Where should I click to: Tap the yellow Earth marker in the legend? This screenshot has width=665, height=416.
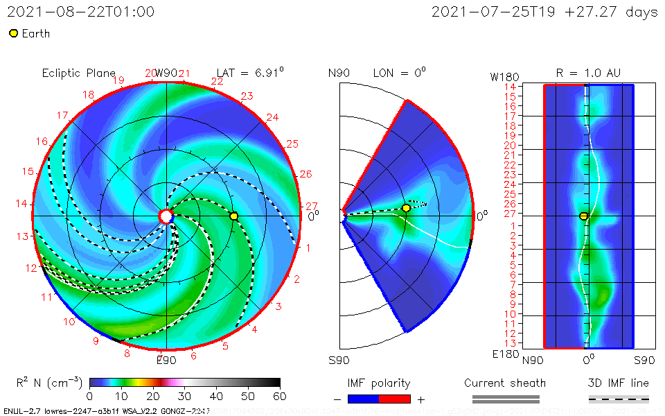point(13,33)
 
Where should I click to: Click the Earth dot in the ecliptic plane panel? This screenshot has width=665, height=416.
point(234,216)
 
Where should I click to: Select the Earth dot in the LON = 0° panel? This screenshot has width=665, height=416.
point(406,208)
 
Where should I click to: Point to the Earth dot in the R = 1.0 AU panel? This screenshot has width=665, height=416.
point(583,216)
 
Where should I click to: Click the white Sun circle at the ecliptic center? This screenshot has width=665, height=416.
point(166,216)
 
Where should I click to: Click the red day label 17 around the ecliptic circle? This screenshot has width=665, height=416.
point(63,115)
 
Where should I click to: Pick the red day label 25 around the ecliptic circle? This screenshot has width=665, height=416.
point(292,144)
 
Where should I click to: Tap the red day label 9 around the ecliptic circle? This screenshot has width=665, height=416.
point(96,340)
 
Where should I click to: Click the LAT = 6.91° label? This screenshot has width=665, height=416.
point(250,73)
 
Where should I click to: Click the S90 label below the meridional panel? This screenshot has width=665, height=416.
point(339,361)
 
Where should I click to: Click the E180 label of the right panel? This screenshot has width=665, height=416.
point(505,355)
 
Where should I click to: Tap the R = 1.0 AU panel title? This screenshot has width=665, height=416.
point(588,73)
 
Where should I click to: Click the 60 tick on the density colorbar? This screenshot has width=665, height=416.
point(280,396)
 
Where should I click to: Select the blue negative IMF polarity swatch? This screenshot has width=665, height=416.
point(364,399)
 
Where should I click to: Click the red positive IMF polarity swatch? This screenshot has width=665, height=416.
point(395,399)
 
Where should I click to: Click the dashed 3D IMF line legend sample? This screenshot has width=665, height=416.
point(619,399)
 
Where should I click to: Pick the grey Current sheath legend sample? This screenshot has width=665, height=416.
point(506,399)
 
